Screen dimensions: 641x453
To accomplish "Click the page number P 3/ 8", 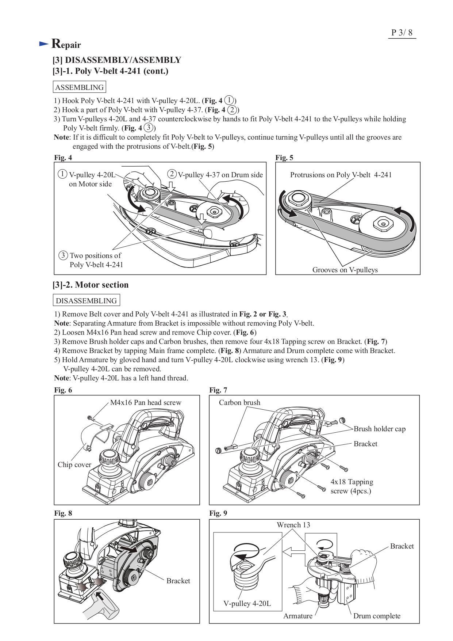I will pos(402,33).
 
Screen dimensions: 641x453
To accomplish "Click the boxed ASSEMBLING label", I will pos(79,87).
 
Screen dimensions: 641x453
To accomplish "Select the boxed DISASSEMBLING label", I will pos(86,301).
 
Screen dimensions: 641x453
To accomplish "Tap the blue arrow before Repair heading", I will pos(44,44).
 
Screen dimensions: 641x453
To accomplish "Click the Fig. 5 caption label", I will pos(284,158).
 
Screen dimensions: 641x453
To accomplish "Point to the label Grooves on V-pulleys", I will pos(345,270).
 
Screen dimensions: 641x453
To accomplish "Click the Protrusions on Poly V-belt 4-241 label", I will pos(341,175).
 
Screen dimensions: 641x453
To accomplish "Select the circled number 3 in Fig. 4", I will pos(63,255).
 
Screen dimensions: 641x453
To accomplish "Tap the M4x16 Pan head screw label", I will pos(146,402).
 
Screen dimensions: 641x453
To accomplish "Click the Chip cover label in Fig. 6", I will pos(74,464).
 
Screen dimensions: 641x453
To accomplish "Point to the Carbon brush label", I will pos(239,402).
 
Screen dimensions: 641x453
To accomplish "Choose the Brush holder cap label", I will pos(379,429).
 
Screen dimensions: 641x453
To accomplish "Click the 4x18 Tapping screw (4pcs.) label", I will pos(351,486).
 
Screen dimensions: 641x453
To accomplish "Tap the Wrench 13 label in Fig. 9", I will pos(293,525).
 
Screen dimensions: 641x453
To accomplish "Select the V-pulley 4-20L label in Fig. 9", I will pos(247,603).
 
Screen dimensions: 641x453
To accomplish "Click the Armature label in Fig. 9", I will pos(297,616).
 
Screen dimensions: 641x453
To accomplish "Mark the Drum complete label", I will pos(376,616).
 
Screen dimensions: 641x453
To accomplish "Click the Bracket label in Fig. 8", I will pos(178,581).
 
